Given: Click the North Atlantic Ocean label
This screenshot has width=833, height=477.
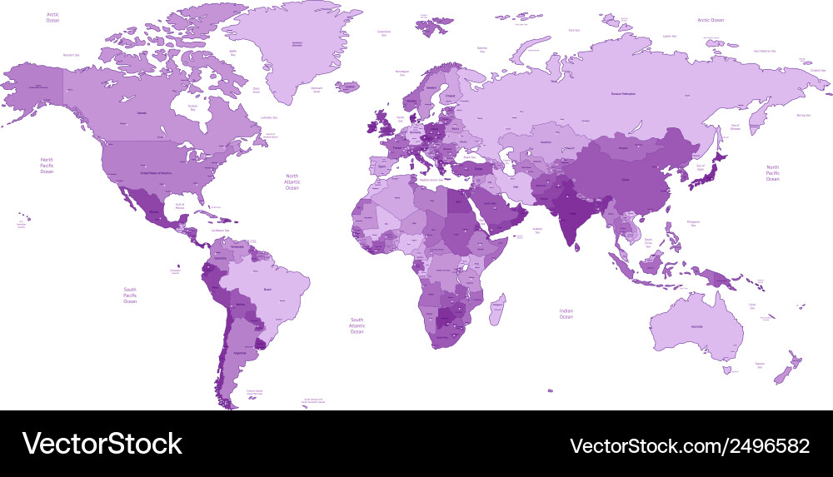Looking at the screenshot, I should point(292,181).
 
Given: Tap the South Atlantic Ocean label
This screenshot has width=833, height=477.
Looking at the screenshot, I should point(357,325).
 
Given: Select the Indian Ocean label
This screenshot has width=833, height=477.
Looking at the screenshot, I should point(566,313).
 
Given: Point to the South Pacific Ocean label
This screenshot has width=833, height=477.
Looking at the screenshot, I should point(130,295).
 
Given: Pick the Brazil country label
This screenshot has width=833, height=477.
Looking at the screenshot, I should point(267,289).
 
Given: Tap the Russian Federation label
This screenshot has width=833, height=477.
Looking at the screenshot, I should point(623,94).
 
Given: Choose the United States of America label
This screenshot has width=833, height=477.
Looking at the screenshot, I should point(155,172).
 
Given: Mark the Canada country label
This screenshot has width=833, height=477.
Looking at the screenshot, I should point(142,112).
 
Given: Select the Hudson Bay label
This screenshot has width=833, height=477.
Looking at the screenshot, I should point(192,107).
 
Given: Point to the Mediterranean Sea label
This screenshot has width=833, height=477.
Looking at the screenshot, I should point(433,180).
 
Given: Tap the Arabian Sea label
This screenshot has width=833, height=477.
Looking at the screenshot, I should point(537,231).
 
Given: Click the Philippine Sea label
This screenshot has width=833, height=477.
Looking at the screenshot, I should point(694,222).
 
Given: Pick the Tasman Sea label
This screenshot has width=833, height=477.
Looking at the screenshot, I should point(760,365).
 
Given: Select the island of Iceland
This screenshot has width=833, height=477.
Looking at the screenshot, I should point(348,87).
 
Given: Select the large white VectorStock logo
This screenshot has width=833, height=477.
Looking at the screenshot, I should point(102,444).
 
